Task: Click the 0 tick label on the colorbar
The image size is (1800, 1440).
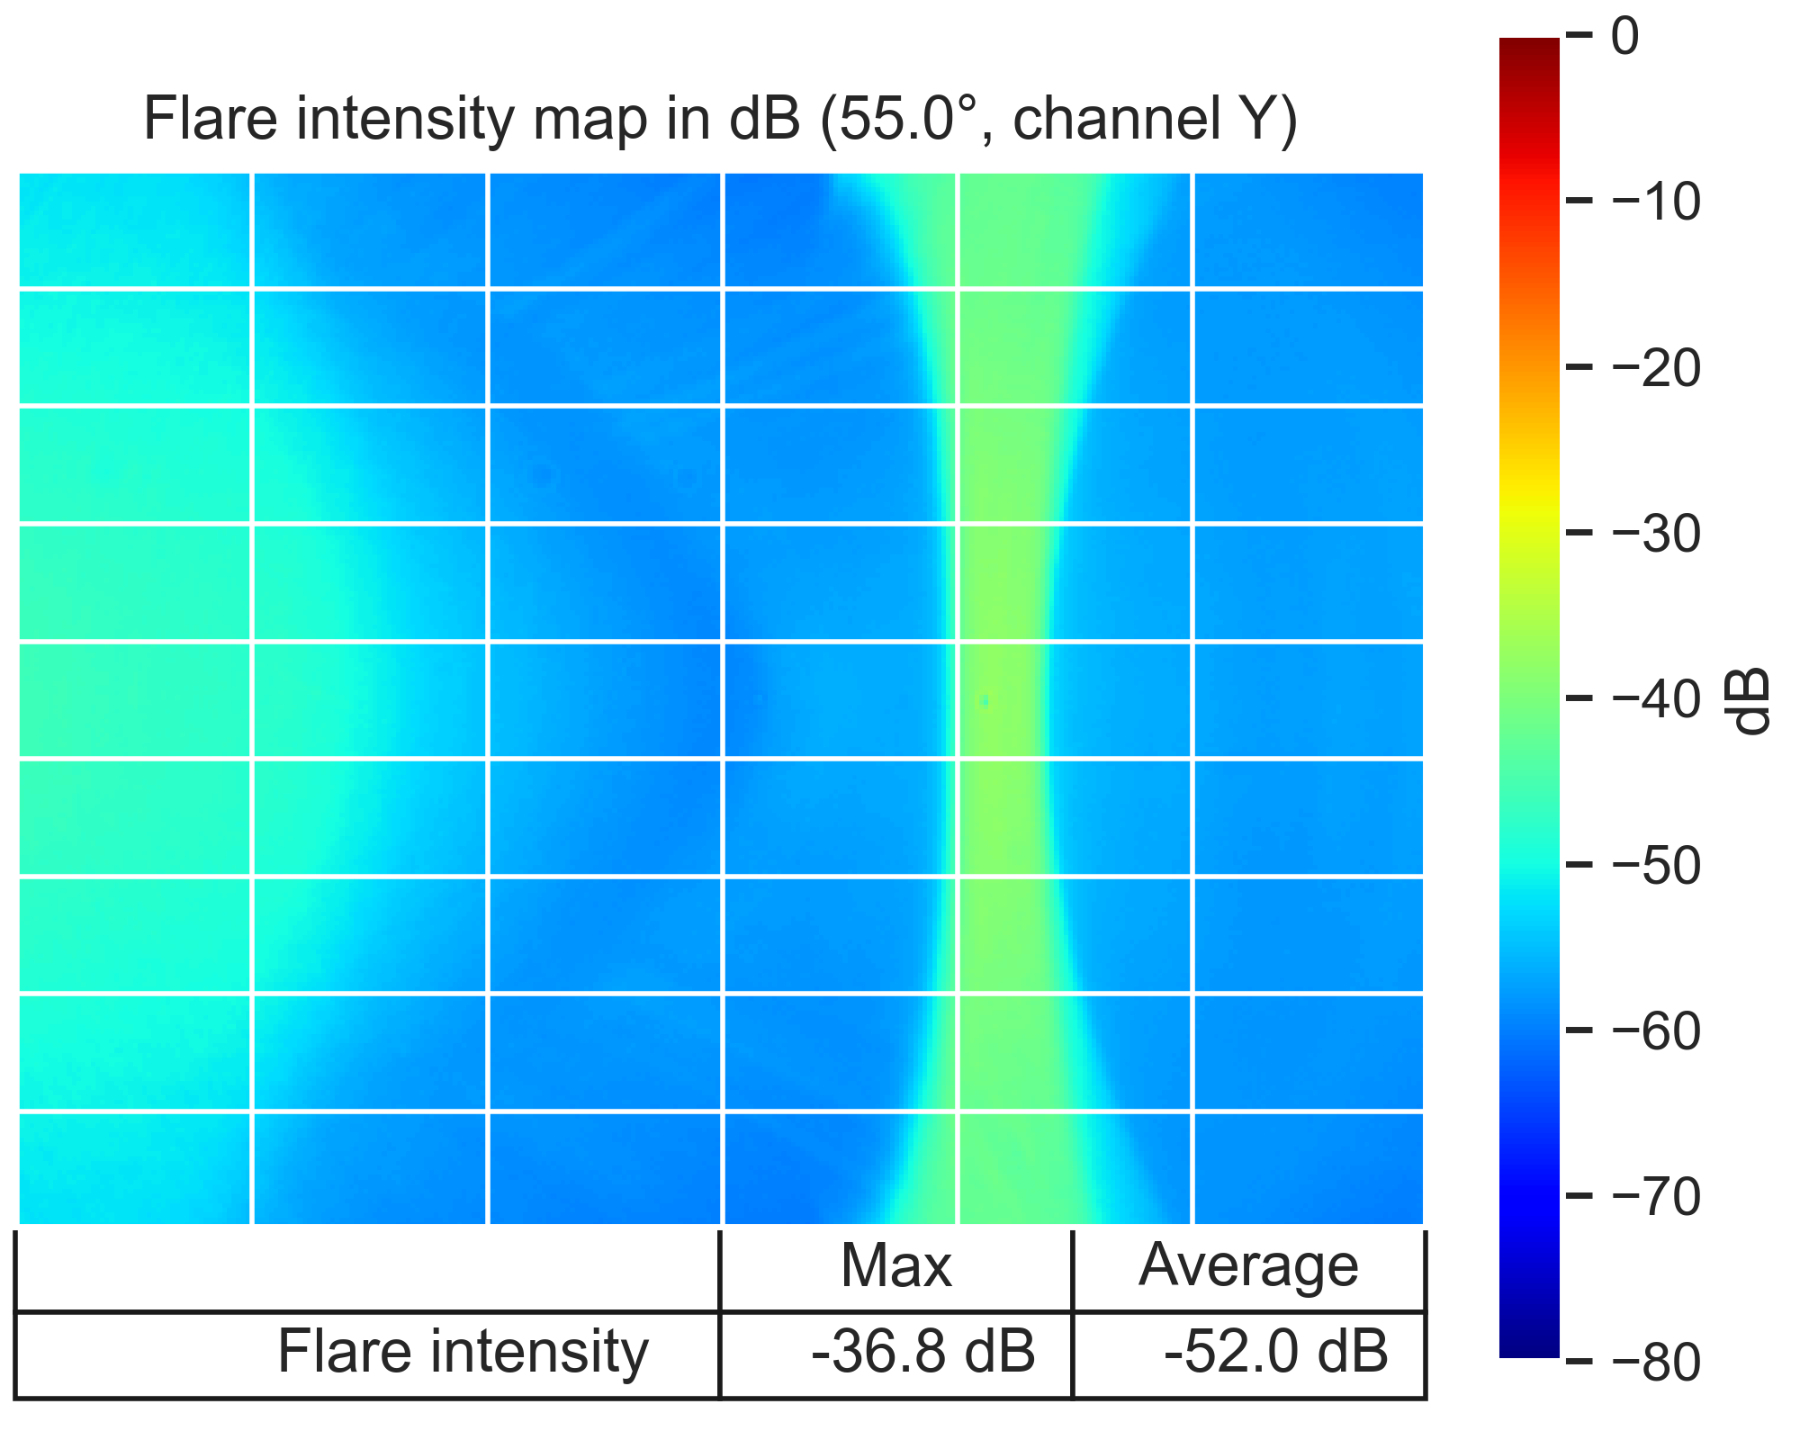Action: tap(1625, 37)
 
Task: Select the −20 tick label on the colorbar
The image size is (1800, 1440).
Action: tap(1656, 368)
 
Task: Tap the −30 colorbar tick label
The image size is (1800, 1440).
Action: tap(1656, 534)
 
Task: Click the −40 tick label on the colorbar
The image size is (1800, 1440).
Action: tap(1656, 699)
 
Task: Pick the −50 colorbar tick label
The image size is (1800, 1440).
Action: tap(1656, 866)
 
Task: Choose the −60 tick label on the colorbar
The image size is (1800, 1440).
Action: tap(1656, 1031)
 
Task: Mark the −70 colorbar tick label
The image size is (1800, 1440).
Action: tap(1656, 1197)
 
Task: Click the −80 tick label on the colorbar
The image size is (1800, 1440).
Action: tap(1656, 1363)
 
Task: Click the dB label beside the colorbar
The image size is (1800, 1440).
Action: tap(1750, 701)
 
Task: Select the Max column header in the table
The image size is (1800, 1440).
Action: tap(895, 1266)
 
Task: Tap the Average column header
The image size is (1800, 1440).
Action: tap(1248, 1266)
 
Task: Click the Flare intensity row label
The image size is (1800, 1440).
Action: tap(463, 1352)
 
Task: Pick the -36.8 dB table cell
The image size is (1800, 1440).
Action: tap(923, 1352)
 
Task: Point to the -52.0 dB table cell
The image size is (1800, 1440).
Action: tap(1276, 1352)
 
